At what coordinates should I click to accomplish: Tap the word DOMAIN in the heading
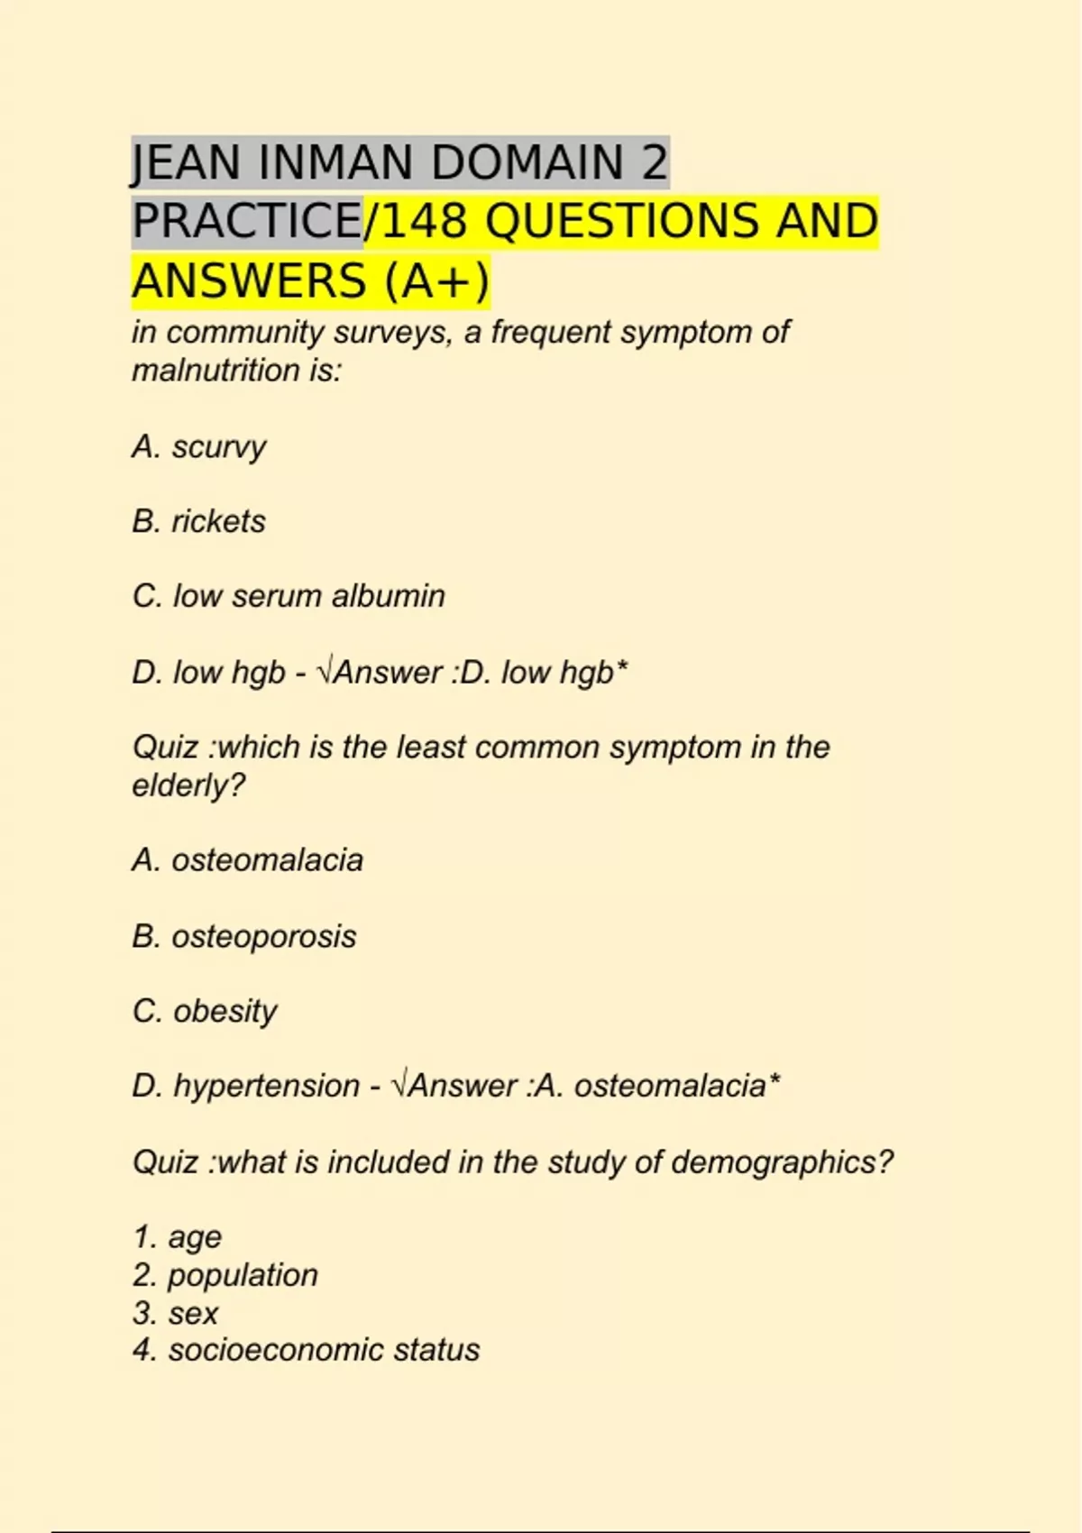tap(527, 163)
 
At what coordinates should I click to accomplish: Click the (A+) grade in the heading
tap(436, 280)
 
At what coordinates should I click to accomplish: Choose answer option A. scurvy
tap(199, 446)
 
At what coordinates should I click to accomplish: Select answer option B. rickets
tap(199, 521)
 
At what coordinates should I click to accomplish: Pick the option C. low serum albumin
tap(289, 596)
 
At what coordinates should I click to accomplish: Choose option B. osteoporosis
tap(244, 936)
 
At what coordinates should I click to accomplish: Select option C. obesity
tap(205, 1011)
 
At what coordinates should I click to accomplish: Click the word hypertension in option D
tap(266, 1086)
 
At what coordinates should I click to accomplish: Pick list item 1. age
tap(177, 1237)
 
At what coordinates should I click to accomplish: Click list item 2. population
tap(225, 1275)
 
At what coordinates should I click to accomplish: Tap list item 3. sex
tap(176, 1313)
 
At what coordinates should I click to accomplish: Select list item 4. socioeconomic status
tap(307, 1350)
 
